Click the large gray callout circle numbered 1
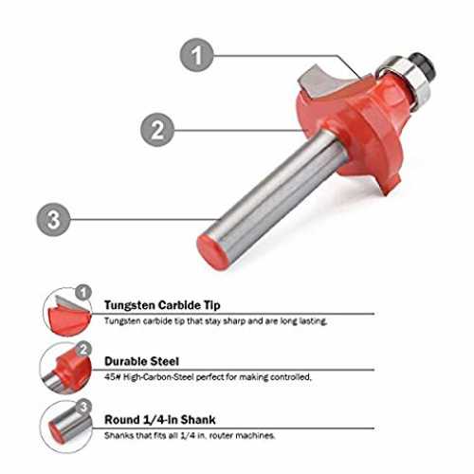point(196,55)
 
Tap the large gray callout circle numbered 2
point(157,130)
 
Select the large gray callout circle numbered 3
point(53,219)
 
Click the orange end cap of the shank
point(212,252)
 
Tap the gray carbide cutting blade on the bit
point(316,82)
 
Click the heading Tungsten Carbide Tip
point(162,305)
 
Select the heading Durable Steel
point(141,361)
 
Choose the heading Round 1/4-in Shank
point(160,420)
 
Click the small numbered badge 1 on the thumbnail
point(83,292)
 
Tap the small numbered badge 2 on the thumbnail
point(83,350)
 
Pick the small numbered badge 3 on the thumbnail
point(83,407)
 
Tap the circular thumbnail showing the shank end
point(65,427)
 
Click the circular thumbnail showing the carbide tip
point(66,312)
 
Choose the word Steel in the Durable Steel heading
point(163,361)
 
